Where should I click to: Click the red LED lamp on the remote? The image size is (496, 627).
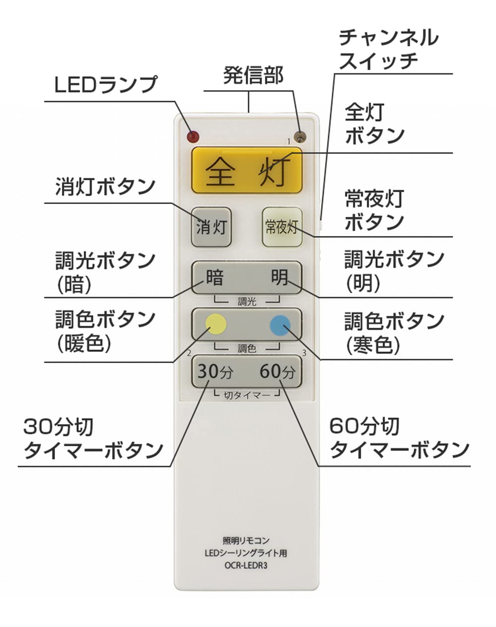click(193, 137)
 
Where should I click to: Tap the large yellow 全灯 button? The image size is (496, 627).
click(247, 170)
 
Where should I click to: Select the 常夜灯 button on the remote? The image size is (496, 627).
click(282, 227)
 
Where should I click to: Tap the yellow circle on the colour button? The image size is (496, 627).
click(216, 324)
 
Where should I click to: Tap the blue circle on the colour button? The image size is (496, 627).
click(280, 325)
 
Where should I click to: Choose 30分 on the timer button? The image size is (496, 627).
click(215, 371)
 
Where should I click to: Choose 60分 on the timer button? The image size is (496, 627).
click(277, 371)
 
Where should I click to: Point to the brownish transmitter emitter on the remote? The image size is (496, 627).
click(300, 137)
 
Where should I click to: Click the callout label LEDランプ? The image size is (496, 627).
click(106, 85)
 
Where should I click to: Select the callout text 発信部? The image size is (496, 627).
click(253, 75)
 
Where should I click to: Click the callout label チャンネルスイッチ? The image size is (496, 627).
click(388, 49)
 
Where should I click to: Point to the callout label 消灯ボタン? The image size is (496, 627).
click(105, 187)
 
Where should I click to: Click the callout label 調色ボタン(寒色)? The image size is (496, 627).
click(394, 333)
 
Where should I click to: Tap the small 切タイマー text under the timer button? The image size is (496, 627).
click(247, 395)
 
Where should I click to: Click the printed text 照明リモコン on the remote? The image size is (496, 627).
click(246, 541)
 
